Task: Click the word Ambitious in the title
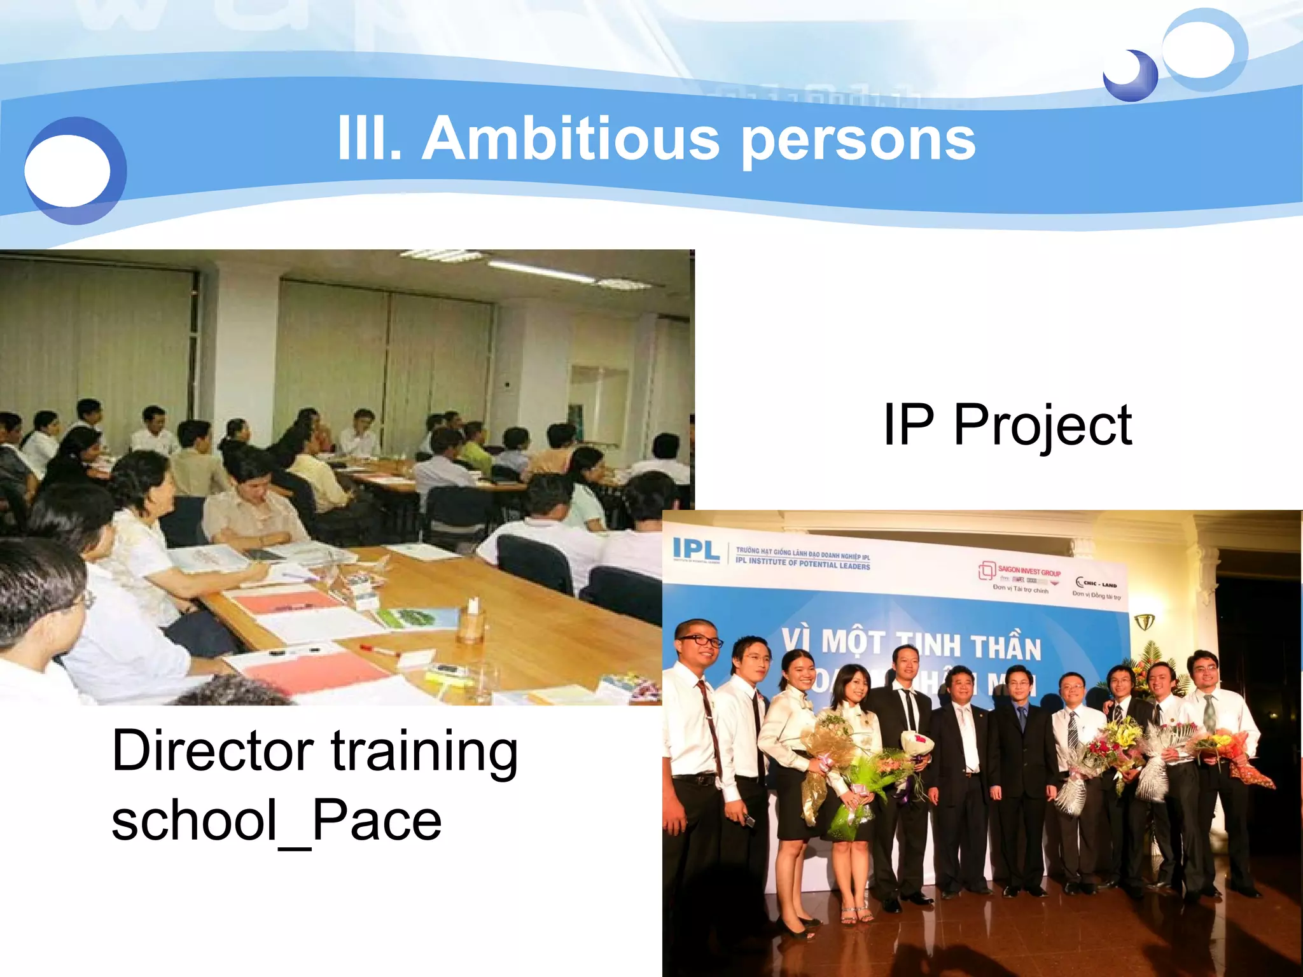point(571,139)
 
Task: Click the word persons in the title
point(858,141)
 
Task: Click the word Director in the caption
point(213,751)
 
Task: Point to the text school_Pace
point(276,821)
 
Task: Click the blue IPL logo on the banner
point(695,550)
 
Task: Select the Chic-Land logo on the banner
point(1096,583)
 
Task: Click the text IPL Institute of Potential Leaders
point(802,564)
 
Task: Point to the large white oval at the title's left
point(67,170)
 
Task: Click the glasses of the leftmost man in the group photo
point(699,641)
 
